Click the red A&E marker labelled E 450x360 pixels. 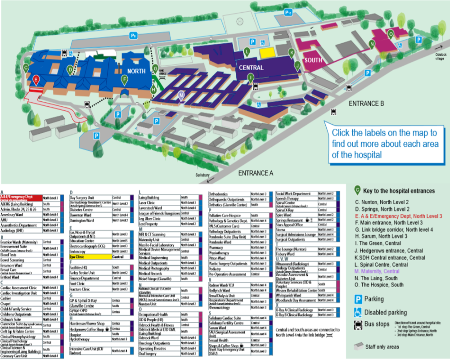tap(36, 80)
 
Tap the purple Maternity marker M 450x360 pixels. tap(181, 94)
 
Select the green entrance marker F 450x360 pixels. tap(124, 80)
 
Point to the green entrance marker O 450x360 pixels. tap(391, 34)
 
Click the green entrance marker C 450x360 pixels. tap(26, 67)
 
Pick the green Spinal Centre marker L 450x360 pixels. tap(247, 51)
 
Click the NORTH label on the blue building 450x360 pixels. tap(136, 72)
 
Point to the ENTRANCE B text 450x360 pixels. tap(367, 103)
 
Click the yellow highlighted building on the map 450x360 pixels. tap(267, 52)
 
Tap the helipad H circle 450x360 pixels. tap(240, 21)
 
